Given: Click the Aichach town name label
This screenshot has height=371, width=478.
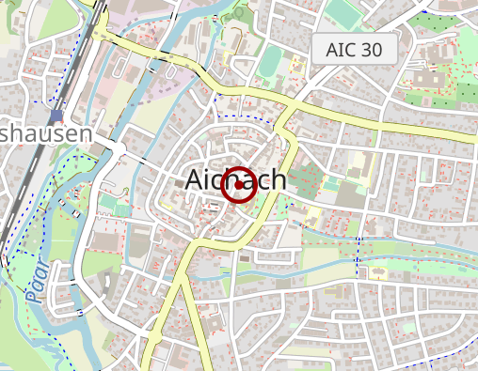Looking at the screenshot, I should click(236, 179).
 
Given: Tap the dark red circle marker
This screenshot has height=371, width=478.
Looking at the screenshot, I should click(239, 185).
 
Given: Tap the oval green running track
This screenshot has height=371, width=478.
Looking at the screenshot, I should click(269, 62).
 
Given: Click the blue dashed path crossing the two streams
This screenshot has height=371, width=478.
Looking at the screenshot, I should click(358, 251).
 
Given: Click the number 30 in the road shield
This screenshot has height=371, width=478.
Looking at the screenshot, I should click(372, 51).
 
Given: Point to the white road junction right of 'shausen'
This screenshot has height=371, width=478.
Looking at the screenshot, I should click(118, 147).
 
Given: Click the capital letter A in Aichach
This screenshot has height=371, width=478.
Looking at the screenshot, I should click(196, 179).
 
